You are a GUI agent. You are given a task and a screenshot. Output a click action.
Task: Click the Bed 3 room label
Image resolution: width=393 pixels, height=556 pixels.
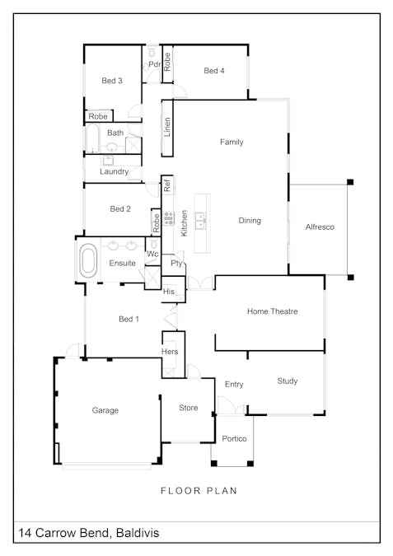pyautogui.click(x=112, y=81)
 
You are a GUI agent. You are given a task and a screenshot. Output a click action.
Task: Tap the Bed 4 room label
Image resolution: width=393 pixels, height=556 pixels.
pyautogui.click(x=214, y=72)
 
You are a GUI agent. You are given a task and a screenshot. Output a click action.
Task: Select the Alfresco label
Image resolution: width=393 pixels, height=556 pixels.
pyautogui.click(x=320, y=227)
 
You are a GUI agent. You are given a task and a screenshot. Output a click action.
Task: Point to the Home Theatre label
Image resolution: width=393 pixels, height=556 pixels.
pyautogui.click(x=272, y=311)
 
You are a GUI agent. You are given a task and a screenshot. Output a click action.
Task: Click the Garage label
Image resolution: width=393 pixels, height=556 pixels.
pyautogui.click(x=105, y=410)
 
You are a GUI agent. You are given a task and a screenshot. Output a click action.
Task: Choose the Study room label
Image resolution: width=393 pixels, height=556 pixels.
pyautogui.click(x=287, y=381)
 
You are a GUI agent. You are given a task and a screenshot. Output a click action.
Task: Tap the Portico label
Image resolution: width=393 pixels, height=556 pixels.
pyautogui.click(x=234, y=439)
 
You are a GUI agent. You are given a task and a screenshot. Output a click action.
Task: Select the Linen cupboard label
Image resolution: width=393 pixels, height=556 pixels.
pyautogui.click(x=167, y=127)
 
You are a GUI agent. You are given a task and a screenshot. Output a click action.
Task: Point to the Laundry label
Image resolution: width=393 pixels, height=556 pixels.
pyautogui.click(x=114, y=172)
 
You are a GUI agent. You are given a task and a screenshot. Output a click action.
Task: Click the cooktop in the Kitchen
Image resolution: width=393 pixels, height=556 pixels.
pyautogui.click(x=168, y=219)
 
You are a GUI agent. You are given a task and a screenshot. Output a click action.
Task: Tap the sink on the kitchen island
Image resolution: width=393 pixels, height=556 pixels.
pyautogui.click(x=203, y=219)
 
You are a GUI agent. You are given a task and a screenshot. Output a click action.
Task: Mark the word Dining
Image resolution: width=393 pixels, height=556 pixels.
pyautogui.click(x=250, y=221)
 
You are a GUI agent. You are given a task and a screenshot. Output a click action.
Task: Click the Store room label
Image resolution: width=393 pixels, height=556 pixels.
pyautogui.click(x=189, y=408)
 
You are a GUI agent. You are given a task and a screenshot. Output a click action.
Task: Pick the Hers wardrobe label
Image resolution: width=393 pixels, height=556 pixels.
pyautogui.click(x=170, y=353)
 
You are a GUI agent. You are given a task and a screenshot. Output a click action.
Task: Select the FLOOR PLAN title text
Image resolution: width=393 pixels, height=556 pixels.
pyautogui.click(x=199, y=491)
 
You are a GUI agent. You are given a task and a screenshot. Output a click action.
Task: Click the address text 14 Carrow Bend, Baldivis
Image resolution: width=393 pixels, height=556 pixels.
pyautogui.click(x=88, y=534)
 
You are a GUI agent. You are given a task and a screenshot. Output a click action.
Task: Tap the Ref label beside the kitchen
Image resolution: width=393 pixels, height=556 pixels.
pyautogui.click(x=166, y=185)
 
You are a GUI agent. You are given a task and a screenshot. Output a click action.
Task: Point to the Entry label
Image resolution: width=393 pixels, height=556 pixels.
pyautogui.click(x=234, y=385)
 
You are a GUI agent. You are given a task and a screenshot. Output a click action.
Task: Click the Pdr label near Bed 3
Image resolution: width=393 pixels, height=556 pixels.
pyautogui.click(x=153, y=65)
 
